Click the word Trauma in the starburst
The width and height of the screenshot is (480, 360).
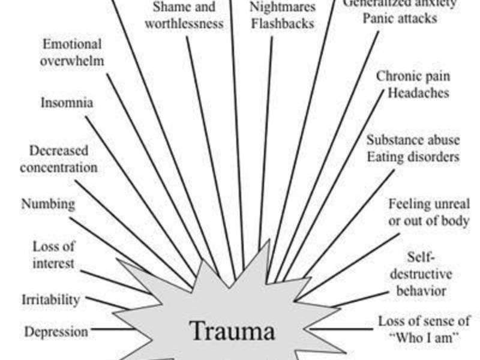[x=232, y=331]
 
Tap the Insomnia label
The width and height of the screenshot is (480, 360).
[x=67, y=103]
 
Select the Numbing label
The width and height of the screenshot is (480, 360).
[x=49, y=204]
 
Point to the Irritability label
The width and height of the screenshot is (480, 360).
[x=50, y=299]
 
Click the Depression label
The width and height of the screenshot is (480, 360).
[x=56, y=331]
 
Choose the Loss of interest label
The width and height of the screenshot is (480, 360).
[x=53, y=254]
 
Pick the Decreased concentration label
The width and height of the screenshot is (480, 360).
[x=58, y=159]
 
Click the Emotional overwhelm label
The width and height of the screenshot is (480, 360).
[x=72, y=53]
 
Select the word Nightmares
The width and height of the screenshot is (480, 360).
[x=282, y=8]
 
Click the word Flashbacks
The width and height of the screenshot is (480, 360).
[x=282, y=25]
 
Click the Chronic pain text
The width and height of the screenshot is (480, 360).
[x=413, y=77]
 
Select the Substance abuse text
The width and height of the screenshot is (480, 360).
[x=413, y=140]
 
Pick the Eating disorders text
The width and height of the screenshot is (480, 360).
[x=413, y=157]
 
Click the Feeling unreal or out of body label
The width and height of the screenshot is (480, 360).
[x=428, y=212]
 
